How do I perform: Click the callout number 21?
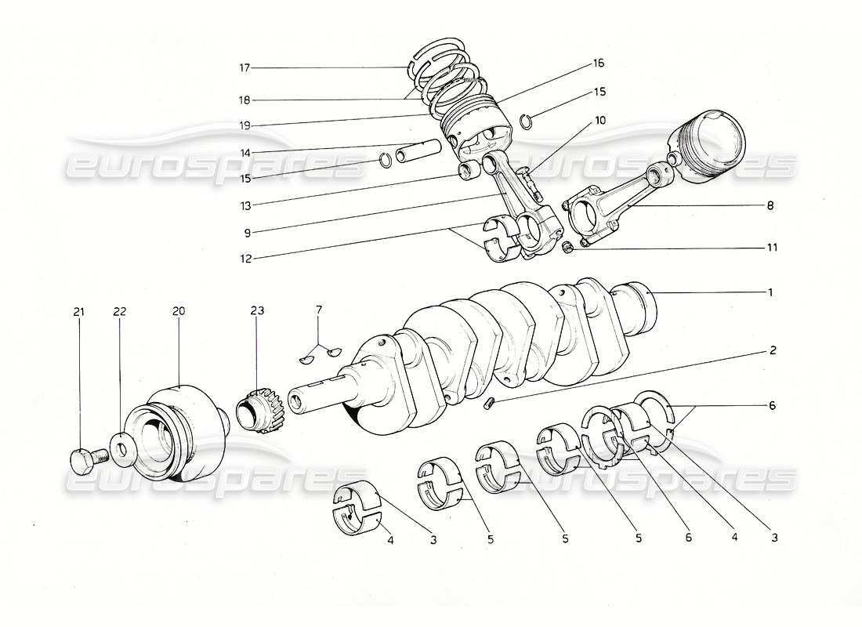[x=78, y=312]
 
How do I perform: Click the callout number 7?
[x=318, y=312]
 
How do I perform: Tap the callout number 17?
[x=244, y=68]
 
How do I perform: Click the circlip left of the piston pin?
[x=386, y=161]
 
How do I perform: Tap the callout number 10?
[x=599, y=120]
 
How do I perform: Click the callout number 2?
[x=773, y=350]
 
